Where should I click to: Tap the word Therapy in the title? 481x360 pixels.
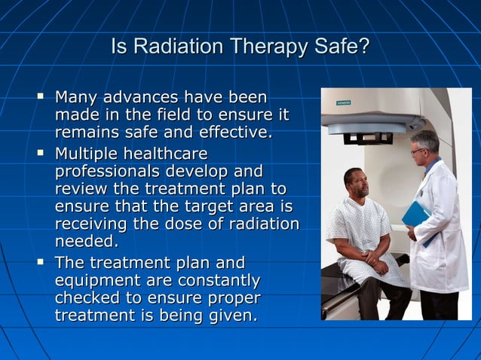click(x=267, y=47)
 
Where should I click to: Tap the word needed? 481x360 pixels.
click(x=87, y=242)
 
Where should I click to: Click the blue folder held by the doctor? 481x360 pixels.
click(x=415, y=217)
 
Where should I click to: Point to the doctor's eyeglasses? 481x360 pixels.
click(x=418, y=151)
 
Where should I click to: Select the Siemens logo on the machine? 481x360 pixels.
click(x=343, y=102)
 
